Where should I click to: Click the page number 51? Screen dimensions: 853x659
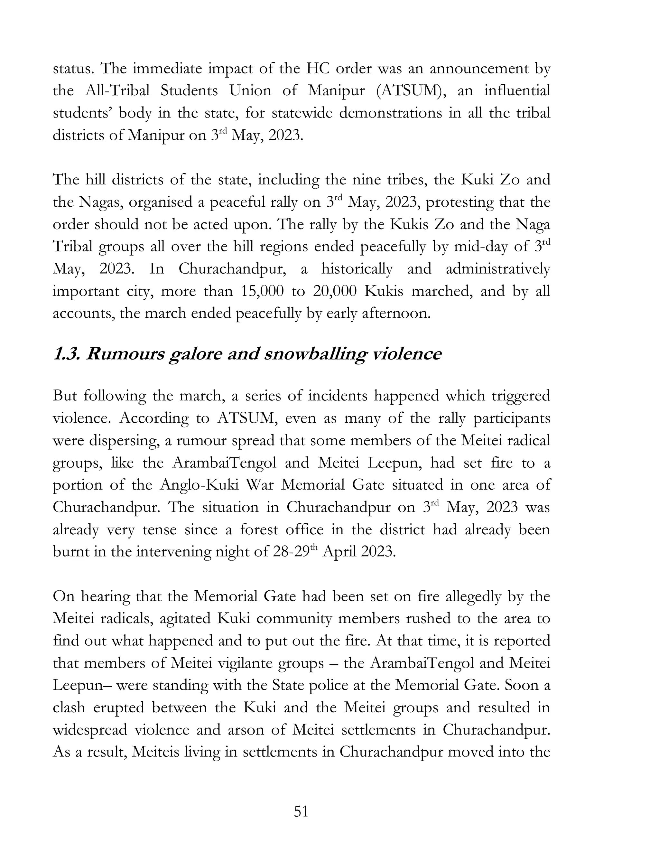coord(301,811)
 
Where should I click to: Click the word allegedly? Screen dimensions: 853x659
coord(473,596)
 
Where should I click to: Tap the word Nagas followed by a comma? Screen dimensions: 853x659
coord(101,202)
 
